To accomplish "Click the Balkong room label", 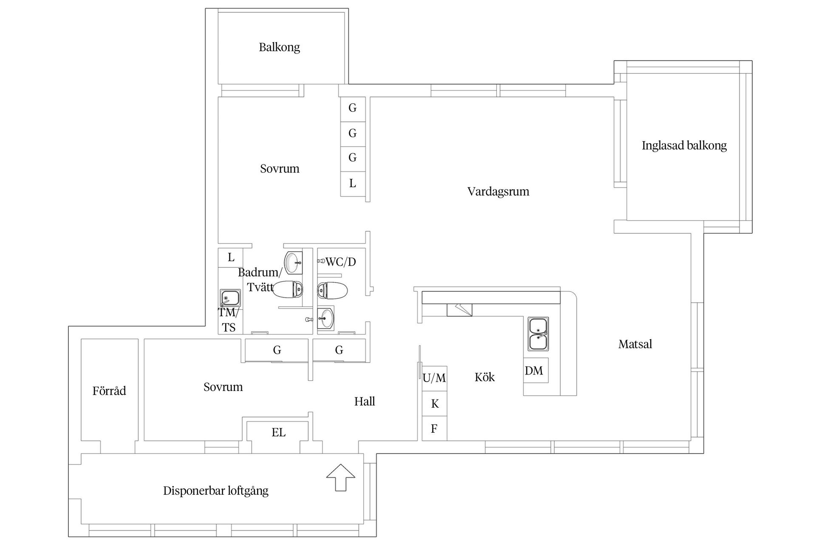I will tap(279, 47).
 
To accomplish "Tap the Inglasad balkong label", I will tap(684, 146).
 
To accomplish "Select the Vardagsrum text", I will tap(498, 192).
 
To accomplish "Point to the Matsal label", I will tap(635, 344).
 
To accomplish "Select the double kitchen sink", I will tap(538, 334).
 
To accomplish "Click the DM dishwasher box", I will tap(535, 371).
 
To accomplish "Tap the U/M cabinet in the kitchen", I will tap(434, 378).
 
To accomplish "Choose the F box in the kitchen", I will tap(434, 429).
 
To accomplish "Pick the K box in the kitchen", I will tap(434, 404).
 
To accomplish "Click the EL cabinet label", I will tap(278, 433).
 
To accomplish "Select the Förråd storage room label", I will tap(109, 391).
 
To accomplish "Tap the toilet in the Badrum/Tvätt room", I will tap(288, 289).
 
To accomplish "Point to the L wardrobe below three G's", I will tap(353, 184).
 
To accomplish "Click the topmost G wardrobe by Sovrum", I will tap(353, 108).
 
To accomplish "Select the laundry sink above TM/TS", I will tap(230, 298).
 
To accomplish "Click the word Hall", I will tap(365, 402).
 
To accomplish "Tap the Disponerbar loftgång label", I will tap(215, 491).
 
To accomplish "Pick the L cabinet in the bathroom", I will tap(231, 258).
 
